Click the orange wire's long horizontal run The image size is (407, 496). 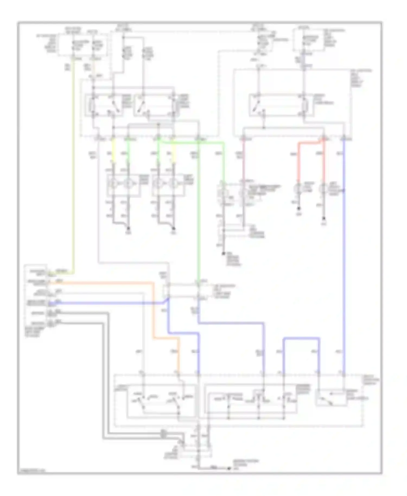point(100,283)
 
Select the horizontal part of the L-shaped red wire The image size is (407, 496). point(309,143)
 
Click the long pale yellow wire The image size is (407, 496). point(73,163)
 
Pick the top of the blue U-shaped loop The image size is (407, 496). point(301,338)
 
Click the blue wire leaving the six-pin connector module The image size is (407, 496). point(109,303)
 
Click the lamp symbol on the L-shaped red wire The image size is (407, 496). point(298,188)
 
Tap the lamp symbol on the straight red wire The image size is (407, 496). point(323,188)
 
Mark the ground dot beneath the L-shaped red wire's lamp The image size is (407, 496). point(298,208)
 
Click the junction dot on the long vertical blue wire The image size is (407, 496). point(344,190)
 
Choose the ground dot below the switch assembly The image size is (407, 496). point(229,468)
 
